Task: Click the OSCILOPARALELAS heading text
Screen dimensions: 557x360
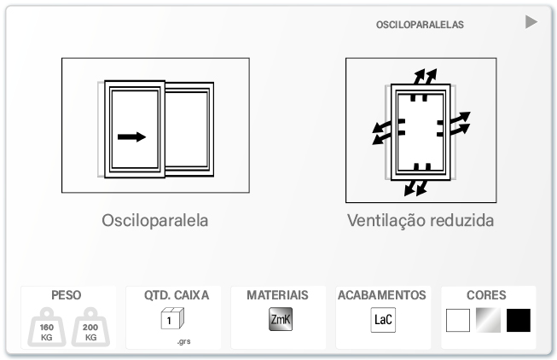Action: (x=420, y=25)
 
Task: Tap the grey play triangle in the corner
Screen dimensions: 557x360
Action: (x=531, y=22)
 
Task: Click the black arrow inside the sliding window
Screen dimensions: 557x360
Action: (x=132, y=136)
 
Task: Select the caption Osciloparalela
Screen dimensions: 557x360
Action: (x=155, y=220)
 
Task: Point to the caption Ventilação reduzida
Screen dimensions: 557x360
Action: (x=421, y=220)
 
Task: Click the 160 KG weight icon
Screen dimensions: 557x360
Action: (x=47, y=327)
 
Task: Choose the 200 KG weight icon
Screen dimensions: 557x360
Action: (x=90, y=327)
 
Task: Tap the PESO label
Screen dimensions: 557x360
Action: (x=67, y=295)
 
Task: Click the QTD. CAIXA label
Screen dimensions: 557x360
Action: (x=177, y=295)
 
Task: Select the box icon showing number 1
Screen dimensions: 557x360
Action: (x=172, y=318)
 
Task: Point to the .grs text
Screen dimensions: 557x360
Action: (x=184, y=341)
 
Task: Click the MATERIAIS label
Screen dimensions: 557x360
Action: (x=278, y=295)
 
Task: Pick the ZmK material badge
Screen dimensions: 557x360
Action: (x=281, y=319)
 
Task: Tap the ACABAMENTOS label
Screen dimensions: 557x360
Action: (x=382, y=295)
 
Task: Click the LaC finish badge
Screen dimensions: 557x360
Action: (x=383, y=320)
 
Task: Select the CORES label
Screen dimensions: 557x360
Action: (x=486, y=295)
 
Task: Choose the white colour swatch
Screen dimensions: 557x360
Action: (x=458, y=320)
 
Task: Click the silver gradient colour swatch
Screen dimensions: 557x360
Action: (x=489, y=320)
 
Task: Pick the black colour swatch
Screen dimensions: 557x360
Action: (x=519, y=320)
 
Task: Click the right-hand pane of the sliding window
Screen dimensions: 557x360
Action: (x=187, y=130)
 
